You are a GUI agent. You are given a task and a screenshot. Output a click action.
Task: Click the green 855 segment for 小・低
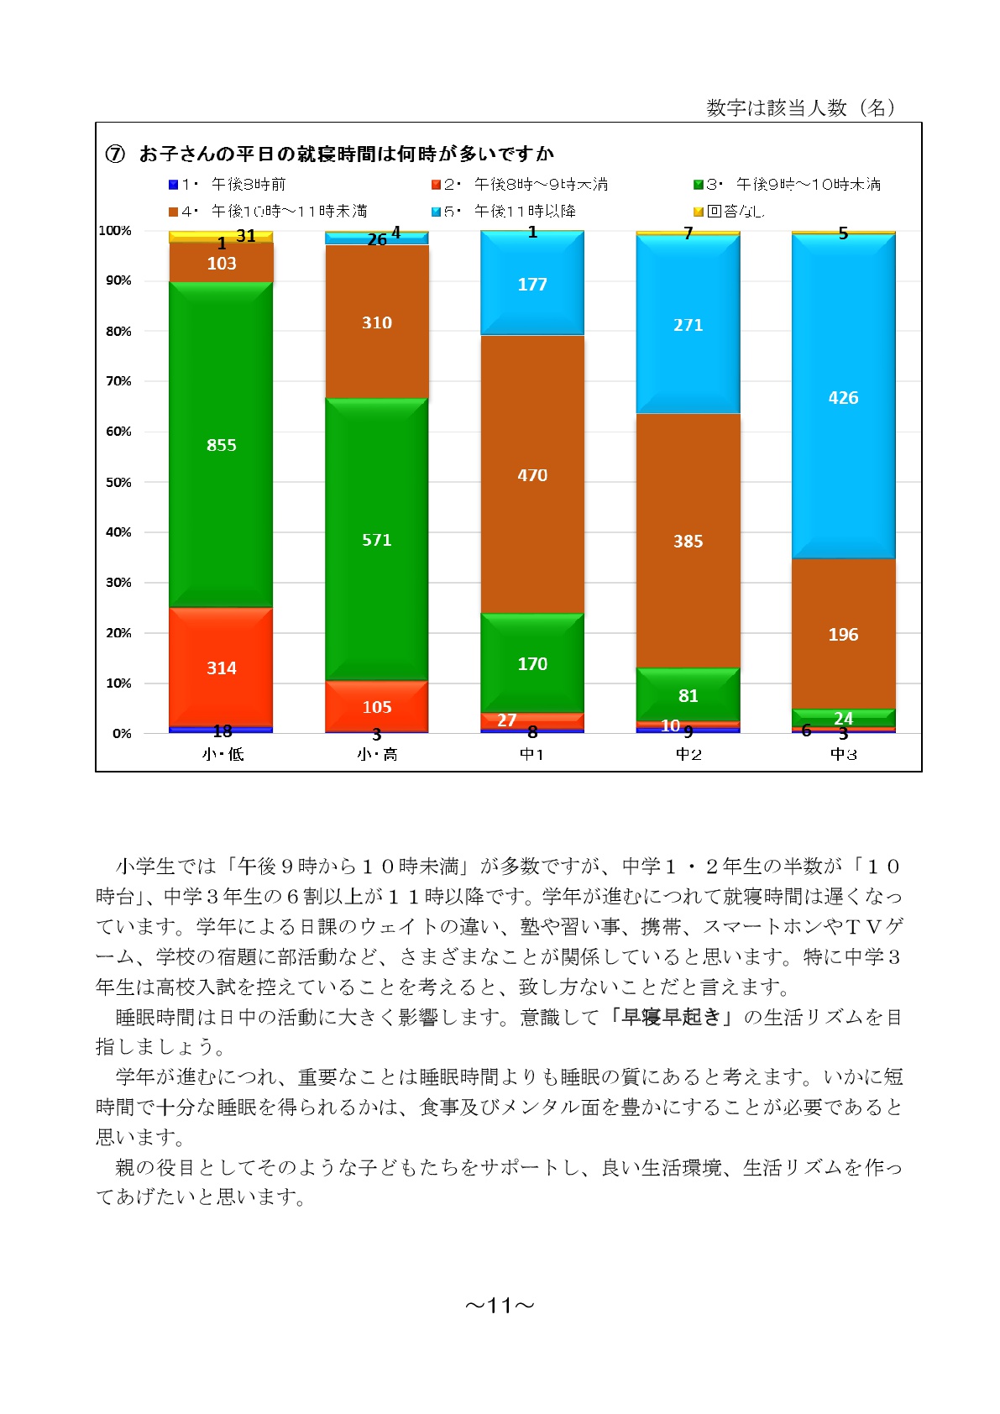(221, 444)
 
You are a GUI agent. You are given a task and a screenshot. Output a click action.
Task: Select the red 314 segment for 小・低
(221, 668)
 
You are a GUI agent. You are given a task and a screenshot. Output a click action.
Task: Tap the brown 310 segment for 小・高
(377, 322)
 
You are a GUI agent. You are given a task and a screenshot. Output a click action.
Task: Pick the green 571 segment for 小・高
(377, 540)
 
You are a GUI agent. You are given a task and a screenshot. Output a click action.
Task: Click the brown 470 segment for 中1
(532, 474)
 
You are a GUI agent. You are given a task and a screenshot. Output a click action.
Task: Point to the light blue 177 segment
(532, 283)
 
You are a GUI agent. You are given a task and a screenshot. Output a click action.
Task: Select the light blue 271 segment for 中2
(688, 324)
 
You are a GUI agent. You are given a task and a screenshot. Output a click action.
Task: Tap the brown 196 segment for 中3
(844, 634)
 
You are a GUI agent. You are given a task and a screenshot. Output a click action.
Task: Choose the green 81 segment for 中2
(688, 694)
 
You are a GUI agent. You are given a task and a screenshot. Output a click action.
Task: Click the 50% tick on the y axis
(118, 482)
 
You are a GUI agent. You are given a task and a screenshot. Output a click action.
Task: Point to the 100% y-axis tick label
(115, 230)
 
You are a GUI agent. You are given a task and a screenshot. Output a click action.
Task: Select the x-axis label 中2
(688, 754)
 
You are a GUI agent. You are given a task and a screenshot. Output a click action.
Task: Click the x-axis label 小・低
(223, 754)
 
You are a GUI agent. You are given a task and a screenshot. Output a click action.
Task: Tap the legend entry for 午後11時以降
(503, 211)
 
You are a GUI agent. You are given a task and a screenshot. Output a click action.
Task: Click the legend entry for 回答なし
(729, 211)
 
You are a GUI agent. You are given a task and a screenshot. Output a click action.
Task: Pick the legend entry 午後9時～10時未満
(787, 185)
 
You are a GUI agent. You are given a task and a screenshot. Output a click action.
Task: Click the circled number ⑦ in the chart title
(115, 154)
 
